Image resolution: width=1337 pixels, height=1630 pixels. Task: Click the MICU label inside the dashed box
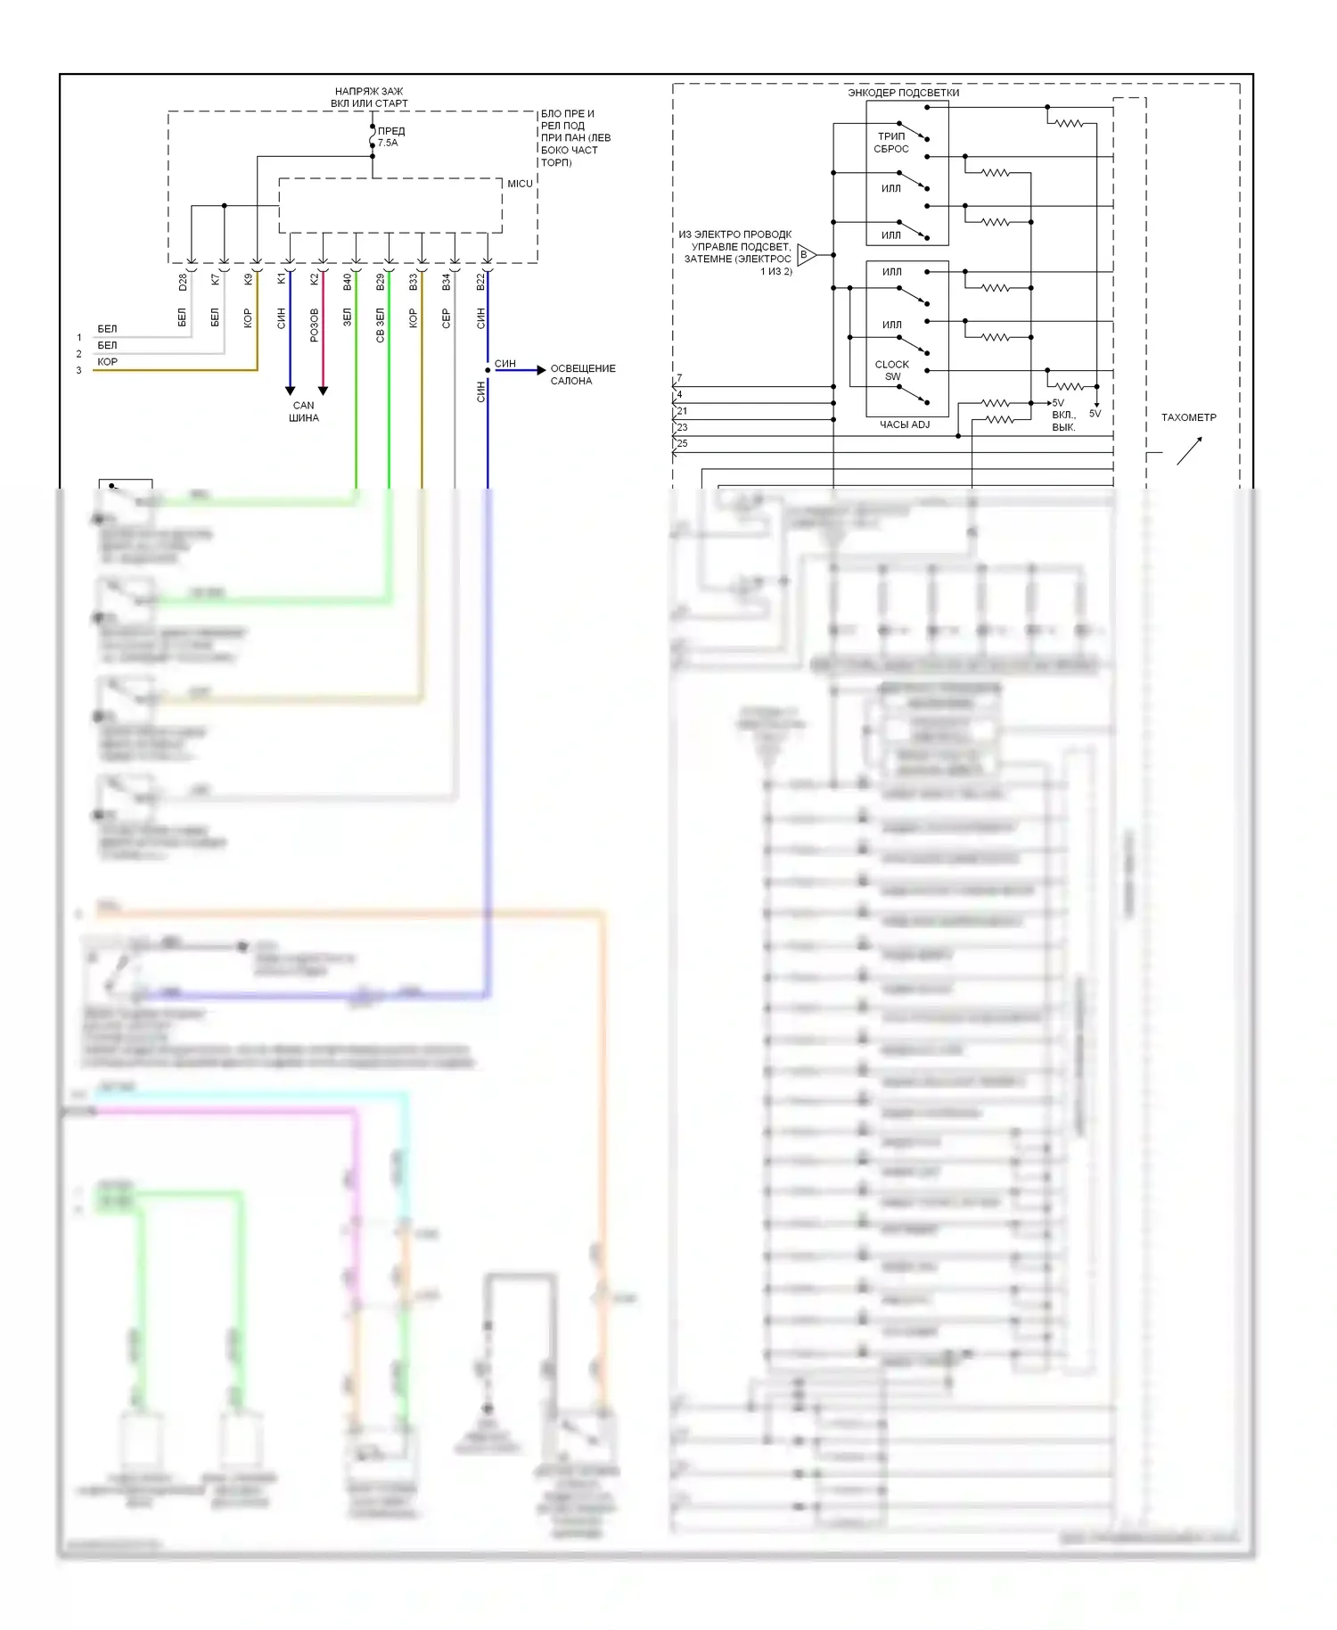point(520,184)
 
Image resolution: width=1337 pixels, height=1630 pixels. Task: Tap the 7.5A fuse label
point(388,143)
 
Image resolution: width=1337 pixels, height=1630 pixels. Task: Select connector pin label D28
point(183,282)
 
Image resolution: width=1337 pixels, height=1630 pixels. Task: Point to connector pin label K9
point(248,279)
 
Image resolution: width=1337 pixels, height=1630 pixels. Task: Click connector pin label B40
point(347,282)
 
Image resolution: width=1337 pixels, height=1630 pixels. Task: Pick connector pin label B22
point(480,282)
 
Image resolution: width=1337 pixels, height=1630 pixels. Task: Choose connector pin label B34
point(446,282)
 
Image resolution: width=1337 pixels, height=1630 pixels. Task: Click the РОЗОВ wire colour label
point(314,325)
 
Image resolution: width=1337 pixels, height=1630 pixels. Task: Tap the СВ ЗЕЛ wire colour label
point(380,326)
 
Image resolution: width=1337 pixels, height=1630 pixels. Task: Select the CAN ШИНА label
point(304,411)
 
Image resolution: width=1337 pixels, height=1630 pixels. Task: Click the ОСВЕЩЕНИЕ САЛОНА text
point(583,375)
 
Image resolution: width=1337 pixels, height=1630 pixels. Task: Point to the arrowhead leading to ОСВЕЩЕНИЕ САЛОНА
point(541,370)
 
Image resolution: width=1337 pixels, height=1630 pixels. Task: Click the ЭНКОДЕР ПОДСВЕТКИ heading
point(903,93)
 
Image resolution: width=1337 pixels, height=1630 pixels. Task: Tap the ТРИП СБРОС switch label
point(891,143)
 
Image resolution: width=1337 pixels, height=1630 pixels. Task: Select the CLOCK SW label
point(892,370)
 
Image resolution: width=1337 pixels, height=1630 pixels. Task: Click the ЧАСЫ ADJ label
point(905,424)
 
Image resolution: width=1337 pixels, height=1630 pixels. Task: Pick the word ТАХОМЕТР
point(1188,417)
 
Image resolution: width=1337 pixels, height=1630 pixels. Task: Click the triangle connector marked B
point(805,255)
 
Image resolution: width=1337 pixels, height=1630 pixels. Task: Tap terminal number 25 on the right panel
point(682,443)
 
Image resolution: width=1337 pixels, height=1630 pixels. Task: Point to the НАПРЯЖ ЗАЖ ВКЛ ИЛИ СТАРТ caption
point(369,97)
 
